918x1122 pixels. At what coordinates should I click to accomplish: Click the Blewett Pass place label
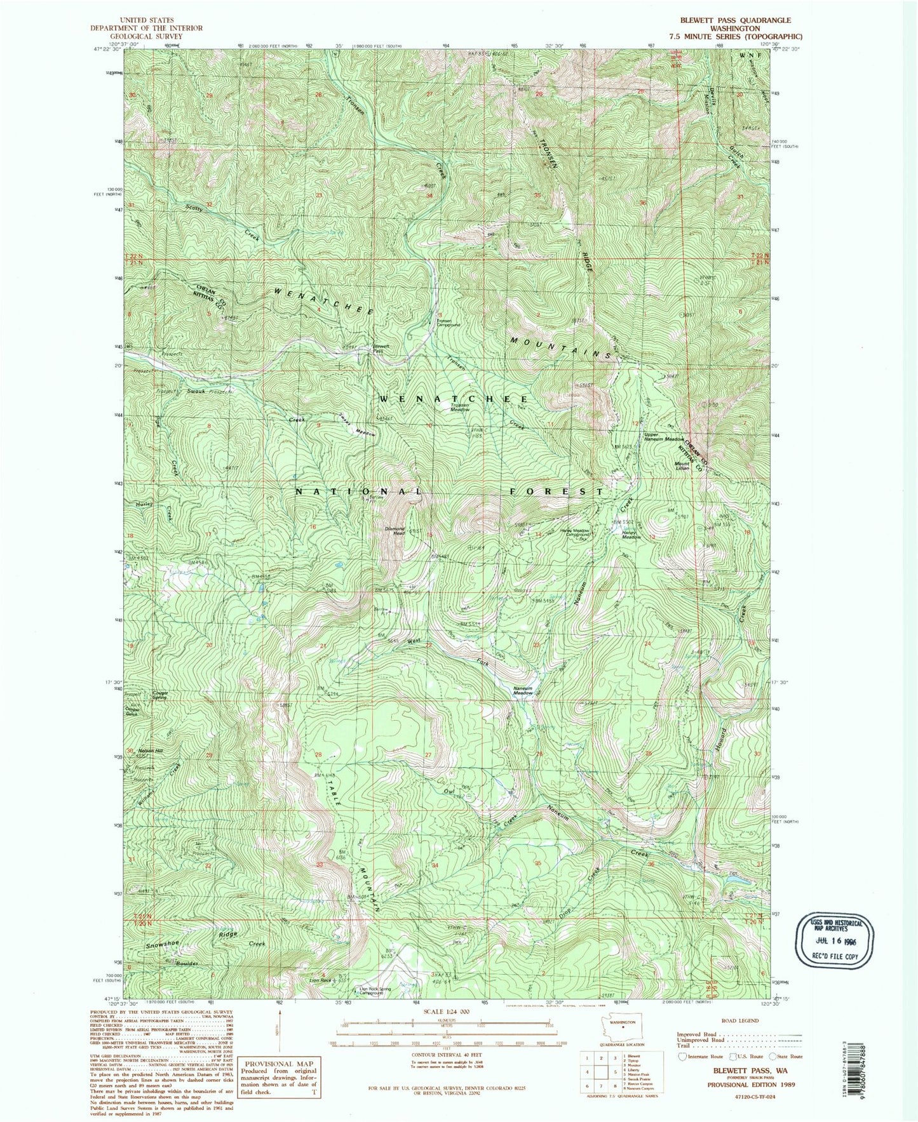378,349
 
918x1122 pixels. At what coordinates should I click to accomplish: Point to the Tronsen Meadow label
460,408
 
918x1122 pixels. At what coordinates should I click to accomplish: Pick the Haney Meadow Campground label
574,533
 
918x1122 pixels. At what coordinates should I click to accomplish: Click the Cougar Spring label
159,695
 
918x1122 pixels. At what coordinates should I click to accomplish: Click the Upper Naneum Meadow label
663,439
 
